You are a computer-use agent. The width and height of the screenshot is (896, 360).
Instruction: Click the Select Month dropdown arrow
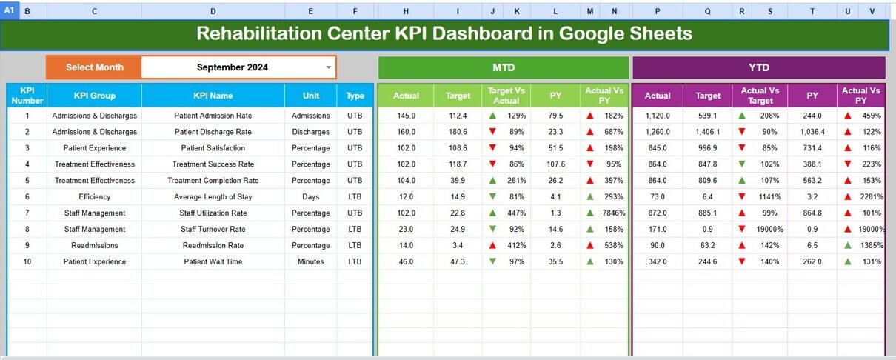coord(329,67)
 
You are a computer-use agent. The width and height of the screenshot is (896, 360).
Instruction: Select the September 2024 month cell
coord(233,67)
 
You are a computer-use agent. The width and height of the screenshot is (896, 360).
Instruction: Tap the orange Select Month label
coord(94,67)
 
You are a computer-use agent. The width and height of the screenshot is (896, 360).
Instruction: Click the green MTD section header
coord(504,67)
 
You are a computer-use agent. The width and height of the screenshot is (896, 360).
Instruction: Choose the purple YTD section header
coord(758,67)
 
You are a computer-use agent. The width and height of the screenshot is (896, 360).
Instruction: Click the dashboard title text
coord(444,33)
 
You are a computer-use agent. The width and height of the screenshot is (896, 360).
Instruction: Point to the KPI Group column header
coord(95,96)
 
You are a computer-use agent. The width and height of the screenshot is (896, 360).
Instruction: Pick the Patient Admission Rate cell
coord(213,116)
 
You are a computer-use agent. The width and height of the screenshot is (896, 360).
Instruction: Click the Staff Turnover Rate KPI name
coord(213,229)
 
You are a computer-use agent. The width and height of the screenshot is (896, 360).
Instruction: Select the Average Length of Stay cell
coord(213,196)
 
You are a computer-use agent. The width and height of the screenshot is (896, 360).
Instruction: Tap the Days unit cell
coord(311,196)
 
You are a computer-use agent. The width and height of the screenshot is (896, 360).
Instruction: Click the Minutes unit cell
coord(311,261)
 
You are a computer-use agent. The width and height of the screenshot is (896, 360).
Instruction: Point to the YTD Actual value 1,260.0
coord(658,132)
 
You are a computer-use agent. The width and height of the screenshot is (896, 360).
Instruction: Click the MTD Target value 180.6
coord(458,132)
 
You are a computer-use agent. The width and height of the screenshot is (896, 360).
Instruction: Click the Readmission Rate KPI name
coord(213,245)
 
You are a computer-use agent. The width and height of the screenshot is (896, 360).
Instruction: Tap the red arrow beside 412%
coord(492,245)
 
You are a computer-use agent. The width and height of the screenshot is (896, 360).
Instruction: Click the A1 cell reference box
coord(10,11)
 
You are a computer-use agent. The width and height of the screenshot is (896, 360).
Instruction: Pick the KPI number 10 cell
coord(27,261)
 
